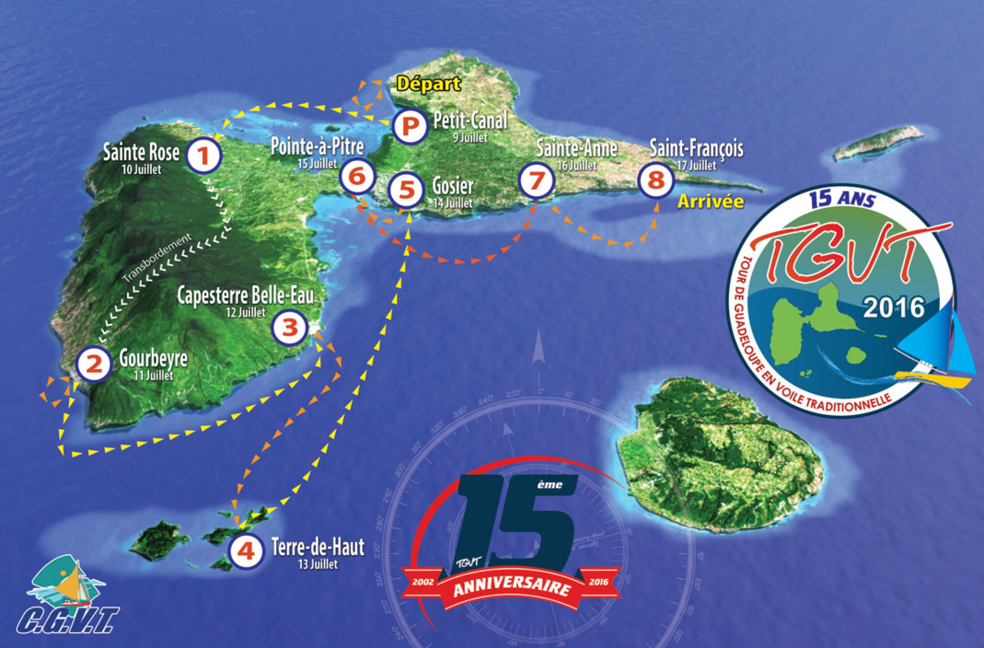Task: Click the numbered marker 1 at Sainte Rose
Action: [x=203, y=156]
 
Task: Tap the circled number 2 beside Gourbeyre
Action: [x=92, y=364]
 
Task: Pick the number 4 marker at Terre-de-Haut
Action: [x=245, y=552]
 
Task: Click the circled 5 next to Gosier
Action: [x=405, y=191]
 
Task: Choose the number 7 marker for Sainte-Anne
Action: [x=535, y=179]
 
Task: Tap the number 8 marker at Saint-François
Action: [x=655, y=179]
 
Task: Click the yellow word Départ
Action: [x=428, y=84]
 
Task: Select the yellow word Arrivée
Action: [x=710, y=201]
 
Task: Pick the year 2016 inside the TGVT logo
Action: [x=893, y=307]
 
